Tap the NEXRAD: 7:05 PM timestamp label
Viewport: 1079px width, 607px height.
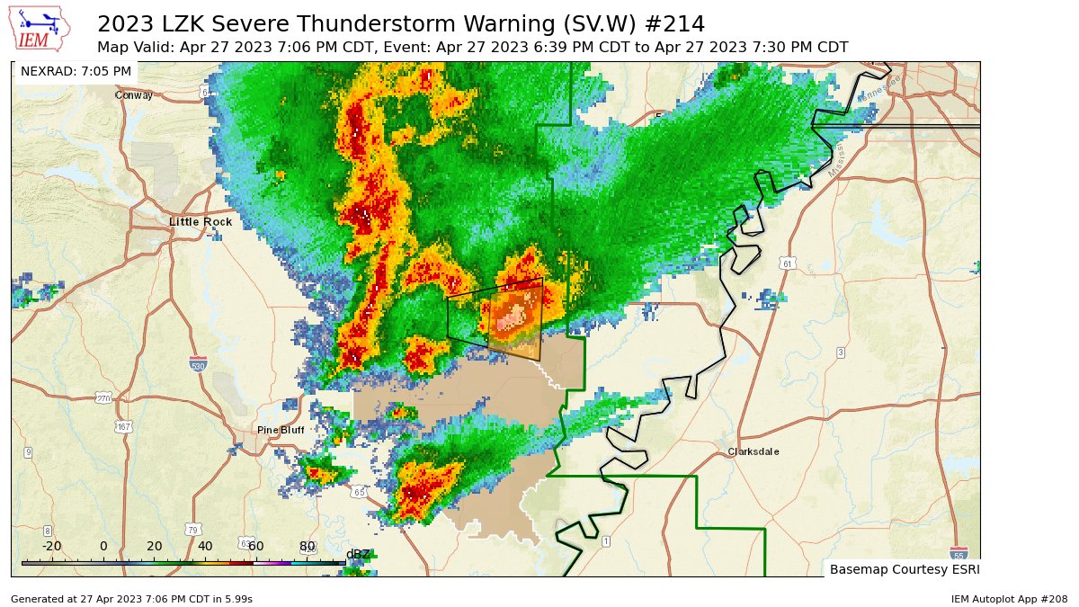pyautogui.click(x=76, y=71)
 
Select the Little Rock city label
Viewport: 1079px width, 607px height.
pyautogui.click(x=201, y=221)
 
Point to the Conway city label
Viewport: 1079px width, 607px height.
pyautogui.click(x=133, y=94)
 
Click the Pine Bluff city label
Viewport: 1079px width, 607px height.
pyautogui.click(x=280, y=430)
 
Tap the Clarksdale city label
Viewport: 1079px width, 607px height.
pyautogui.click(x=754, y=451)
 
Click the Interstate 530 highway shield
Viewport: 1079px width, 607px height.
pyautogui.click(x=198, y=363)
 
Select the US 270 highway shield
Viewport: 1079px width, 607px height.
pyautogui.click(x=103, y=397)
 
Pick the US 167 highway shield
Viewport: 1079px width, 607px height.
pyautogui.click(x=123, y=426)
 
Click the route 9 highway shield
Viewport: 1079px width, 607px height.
pyautogui.click(x=28, y=451)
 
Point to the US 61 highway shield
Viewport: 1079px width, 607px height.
pyautogui.click(x=788, y=263)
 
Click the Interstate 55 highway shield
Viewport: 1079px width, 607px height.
pyautogui.click(x=959, y=552)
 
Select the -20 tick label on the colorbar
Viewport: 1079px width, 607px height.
pyautogui.click(x=51, y=546)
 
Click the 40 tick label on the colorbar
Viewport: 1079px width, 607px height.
pyautogui.click(x=205, y=546)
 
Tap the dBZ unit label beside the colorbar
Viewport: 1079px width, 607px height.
pyautogui.click(x=358, y=553)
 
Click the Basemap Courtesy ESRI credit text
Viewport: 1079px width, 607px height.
pyautogui.click(x=904, y=569)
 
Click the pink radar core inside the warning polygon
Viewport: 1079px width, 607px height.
pyautogui.click(x=513, y=317)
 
